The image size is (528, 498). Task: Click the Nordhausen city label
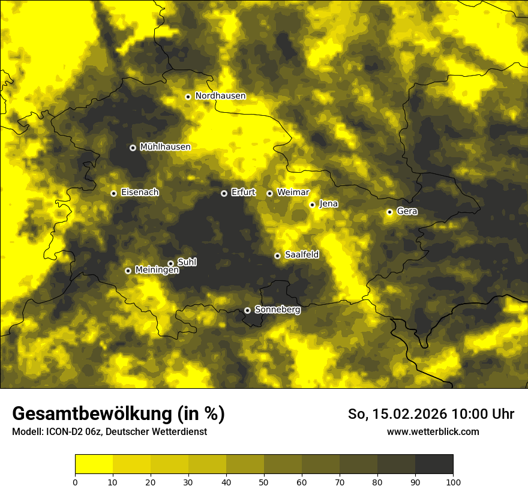point(220,96)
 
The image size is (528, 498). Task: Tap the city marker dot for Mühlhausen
point(133,148)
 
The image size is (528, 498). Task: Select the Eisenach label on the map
point(140,193)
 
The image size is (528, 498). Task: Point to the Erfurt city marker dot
point(224,193)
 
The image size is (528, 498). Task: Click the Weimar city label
point(293,193)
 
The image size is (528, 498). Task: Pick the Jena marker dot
point(312,205)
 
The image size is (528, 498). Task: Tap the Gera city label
point(407,211)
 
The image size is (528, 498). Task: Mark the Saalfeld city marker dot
point(277,256)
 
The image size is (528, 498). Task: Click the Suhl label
point(187,262)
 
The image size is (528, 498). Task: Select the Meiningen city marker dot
point(128,271)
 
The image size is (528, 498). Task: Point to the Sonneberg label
point(277,310)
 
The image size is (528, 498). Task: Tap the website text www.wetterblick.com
point(433,431)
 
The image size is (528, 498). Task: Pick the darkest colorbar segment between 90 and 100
point(434,464)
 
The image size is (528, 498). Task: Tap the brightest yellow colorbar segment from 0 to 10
point(94,464)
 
